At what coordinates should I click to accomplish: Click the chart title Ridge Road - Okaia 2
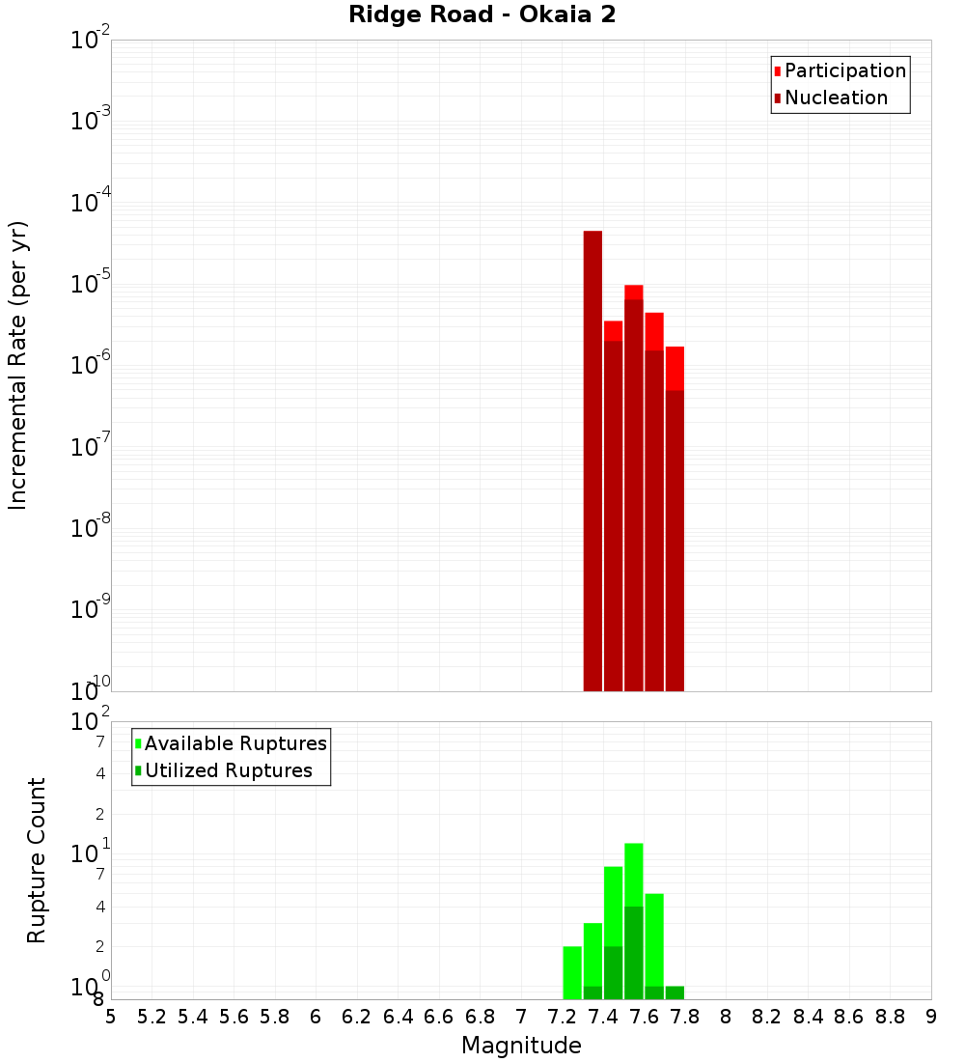(482, 15)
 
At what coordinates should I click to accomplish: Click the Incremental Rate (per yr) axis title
(18, 365)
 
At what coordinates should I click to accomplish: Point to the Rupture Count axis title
(37, 860)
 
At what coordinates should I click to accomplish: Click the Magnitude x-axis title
(521, 1046)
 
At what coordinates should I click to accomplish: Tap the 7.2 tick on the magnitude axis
(562, 1017)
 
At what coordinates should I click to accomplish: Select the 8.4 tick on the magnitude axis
(809, 1017)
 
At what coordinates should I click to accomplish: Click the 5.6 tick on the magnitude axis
(234, 1017)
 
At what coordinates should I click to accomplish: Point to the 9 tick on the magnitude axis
(931, 1017)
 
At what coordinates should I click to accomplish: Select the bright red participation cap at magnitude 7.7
(675, 368)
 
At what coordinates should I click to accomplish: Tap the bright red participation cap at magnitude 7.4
(613, 330)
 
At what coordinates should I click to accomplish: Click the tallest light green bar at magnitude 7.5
(633, 874)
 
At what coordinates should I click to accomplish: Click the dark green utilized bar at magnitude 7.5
(633, 951)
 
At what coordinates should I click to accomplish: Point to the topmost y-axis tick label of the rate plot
(92, 41)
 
